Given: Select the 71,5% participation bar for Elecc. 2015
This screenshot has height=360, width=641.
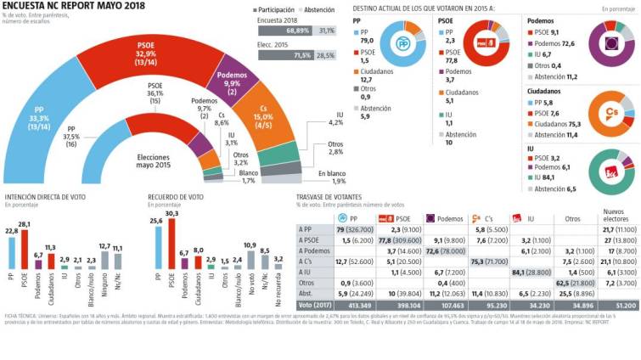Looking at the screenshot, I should pos(289,53).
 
